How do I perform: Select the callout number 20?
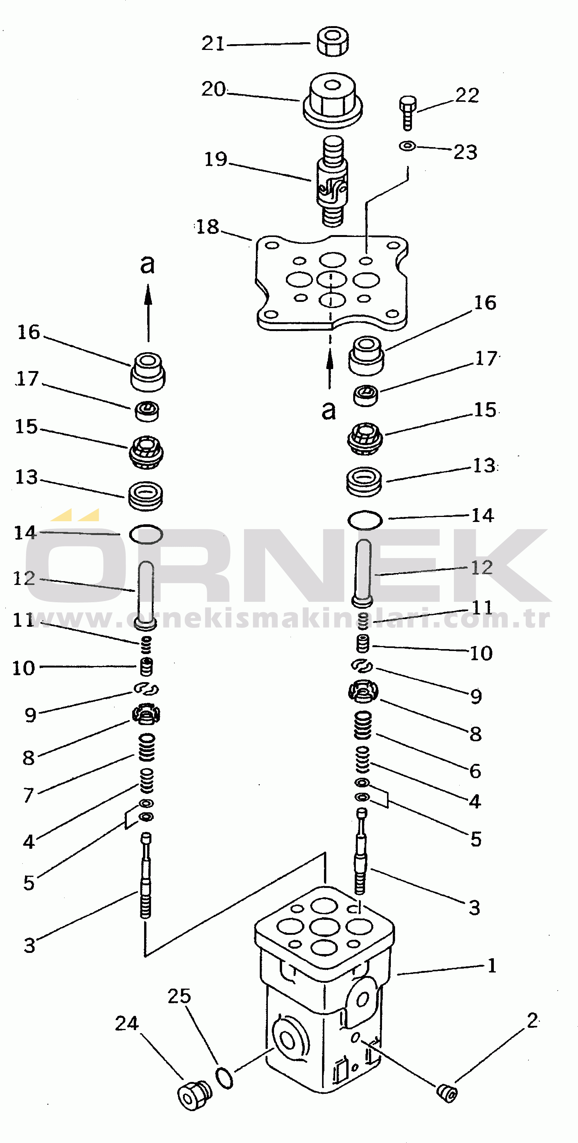click(x=214, y=89)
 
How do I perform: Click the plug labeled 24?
click(x=194, y=1095)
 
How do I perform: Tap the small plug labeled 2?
click(x=447, y=1092)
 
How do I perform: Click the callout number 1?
click(x=492, y=965)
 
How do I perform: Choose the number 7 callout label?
click(x=28, y=795)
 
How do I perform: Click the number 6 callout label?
click(x=475, y=771)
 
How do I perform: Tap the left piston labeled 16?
click(x=148, y=372)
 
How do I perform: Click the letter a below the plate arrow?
click(x=329, y=411)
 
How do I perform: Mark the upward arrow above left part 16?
click(x=148, y=313)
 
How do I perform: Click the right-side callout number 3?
click(x=474, y=908)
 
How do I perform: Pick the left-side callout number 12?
click(x=24, y=578)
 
